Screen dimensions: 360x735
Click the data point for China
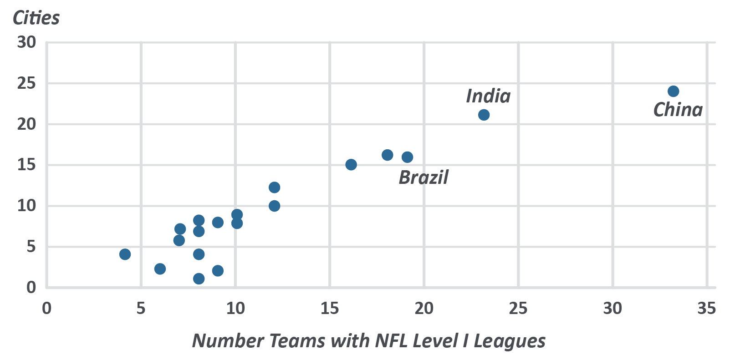tap(673, 91)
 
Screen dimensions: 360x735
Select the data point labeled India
tap(484, 115)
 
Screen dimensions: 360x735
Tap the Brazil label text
tap(424, 177)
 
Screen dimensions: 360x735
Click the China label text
tap(678, 110)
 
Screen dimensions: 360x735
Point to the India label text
tap(488, 96)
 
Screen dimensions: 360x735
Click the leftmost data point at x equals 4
tap(125, 254)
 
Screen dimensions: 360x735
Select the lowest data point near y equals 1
tap(199, 279)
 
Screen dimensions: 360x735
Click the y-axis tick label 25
tap(26, 83)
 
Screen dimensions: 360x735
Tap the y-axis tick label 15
tap(26, 165)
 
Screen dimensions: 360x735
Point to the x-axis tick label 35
tap(706, 309)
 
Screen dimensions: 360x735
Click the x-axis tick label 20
tap(424, 309)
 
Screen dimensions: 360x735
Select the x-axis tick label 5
tap(141, 309)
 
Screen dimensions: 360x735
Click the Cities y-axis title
tap(36, 18)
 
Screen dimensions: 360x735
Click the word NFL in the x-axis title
tap(392, 341)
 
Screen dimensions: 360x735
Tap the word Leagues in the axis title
tap(509, 341)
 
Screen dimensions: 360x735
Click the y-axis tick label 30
tap(26, 42)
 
